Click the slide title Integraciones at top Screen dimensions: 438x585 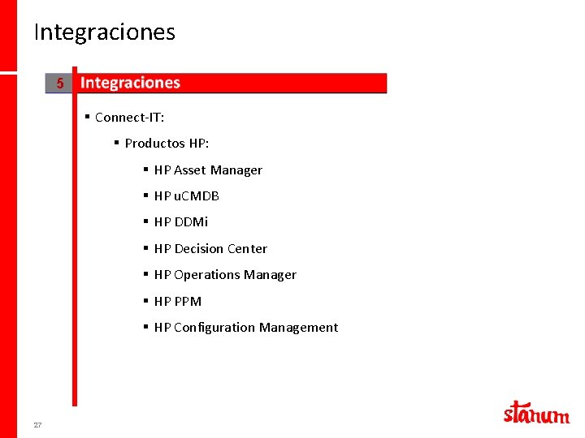[x=104, y=32]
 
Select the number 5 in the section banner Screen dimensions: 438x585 [x=59, y=84]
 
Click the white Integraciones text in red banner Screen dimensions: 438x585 [x=130, y=83]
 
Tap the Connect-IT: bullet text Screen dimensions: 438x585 [x=129, y=118]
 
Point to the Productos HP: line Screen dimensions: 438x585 [x=167, y=144]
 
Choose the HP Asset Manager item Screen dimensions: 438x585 [x=208, y=170]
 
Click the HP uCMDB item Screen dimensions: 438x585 [x=186, y=196]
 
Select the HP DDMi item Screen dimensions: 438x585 [x=181, y=222]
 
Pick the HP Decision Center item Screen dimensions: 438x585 [x=210, y=249]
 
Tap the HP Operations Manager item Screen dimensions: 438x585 [x=225, y=275]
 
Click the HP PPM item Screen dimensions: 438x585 [x=177, y=302]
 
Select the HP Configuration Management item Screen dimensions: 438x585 [x=245, y=328]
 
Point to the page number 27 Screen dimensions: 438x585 [x=37, y=425]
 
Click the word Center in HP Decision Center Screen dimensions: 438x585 [x=247, y=249]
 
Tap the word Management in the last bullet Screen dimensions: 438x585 [x=298, y=328]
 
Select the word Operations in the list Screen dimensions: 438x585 [x=206, y=275]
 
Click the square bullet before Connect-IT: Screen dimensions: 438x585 [x=87, y=117]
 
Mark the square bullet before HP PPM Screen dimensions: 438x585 [x=145, y=301]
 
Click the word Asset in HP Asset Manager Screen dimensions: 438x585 [x=189, y=170]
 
